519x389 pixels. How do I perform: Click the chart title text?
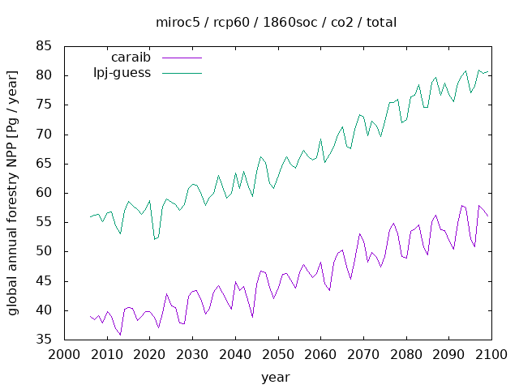276,22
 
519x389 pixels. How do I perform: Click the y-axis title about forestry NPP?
13,193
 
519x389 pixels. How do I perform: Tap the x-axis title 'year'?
276,377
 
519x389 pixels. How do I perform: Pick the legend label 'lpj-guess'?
122,73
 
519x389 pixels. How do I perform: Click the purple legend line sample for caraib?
181,58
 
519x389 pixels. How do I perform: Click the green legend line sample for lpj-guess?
181,73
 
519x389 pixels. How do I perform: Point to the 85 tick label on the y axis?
44,46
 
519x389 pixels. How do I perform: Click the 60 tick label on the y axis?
44,193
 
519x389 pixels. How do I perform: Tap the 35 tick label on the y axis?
44,340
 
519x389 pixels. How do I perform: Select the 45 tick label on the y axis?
44,280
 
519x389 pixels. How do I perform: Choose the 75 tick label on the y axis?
44,105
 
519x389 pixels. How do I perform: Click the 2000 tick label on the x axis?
63,355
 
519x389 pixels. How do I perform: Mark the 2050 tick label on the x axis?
276,355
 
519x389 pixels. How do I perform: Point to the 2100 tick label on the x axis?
488,355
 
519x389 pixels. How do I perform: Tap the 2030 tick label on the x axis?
191,355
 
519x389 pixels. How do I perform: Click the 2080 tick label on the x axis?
403,355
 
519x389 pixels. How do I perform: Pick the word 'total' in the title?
380,22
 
